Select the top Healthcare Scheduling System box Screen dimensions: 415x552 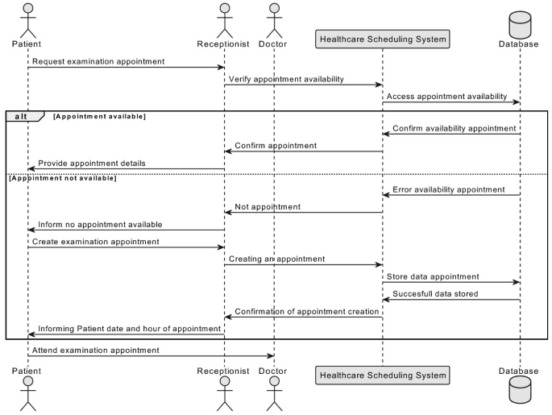point(383,38)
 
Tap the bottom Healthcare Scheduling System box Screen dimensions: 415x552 point(383,375)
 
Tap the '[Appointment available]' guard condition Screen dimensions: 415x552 point(99,116)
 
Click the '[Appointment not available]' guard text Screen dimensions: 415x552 point(62,177)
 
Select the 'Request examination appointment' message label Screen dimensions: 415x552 point(99,61)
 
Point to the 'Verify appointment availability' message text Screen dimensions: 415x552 point(286,79)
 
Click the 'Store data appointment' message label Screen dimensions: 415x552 point(433,276)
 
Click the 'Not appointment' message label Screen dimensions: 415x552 point(268,207)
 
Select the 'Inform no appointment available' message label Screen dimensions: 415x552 point(100,224)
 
